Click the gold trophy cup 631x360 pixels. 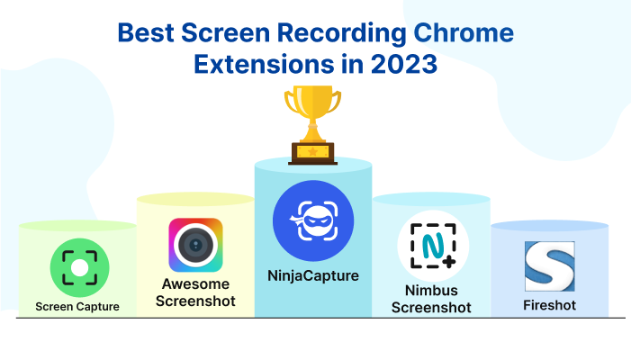(x=312, y=125)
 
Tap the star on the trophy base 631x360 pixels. (x=312, y=152)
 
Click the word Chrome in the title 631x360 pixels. (x=464, y=32)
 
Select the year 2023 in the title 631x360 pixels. (x=403, y=64)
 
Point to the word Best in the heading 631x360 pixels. (x=146, y=32)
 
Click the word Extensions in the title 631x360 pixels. (x=264, y=64)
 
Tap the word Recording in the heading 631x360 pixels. (x=342, y=33)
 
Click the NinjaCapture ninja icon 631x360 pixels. (x=313, y=220)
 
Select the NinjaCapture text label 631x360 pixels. (x=313, y=276)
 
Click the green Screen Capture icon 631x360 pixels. (x=80, y=267)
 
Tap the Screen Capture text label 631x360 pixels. (x=77, y=307)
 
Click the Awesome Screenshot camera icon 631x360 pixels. (x=195, y=245)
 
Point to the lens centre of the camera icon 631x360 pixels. (x=195, y=245)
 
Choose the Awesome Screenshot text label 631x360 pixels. (x=195, y=292)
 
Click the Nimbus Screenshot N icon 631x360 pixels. (x=433, y=246)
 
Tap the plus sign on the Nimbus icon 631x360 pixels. (x=448, y=262)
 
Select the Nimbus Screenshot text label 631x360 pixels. (x=431, y=299)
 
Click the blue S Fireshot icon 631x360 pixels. (x=550, y=266)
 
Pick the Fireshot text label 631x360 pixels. (x=550, y=305)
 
